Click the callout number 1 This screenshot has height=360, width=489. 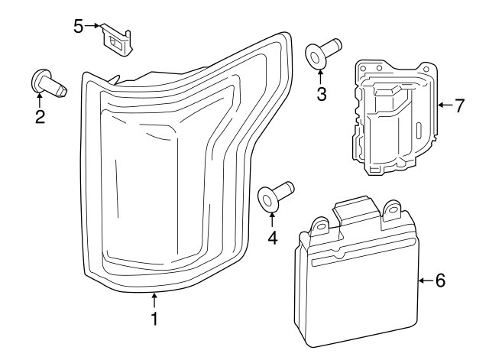coord(154,319)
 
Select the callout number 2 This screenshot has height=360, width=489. coord(40,117)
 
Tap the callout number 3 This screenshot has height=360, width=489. coord(322,94)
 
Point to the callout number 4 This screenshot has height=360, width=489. coord(273,238)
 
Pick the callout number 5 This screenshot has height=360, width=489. coord(79,26)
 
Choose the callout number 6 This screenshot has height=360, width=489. coord(440,281)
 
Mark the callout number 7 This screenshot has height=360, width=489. coord(459,105)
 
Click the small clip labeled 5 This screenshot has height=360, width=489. coord(117,40)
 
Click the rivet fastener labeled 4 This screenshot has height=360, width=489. coord(276,196)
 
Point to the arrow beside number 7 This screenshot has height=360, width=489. coord(445,105)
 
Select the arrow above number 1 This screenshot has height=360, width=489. coord(154,300)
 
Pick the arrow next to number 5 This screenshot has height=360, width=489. coord(92,26)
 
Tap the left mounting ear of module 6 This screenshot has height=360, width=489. coord(319,225)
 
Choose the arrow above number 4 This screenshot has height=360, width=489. coord(272,219)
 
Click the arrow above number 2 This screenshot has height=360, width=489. coord(40,99)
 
